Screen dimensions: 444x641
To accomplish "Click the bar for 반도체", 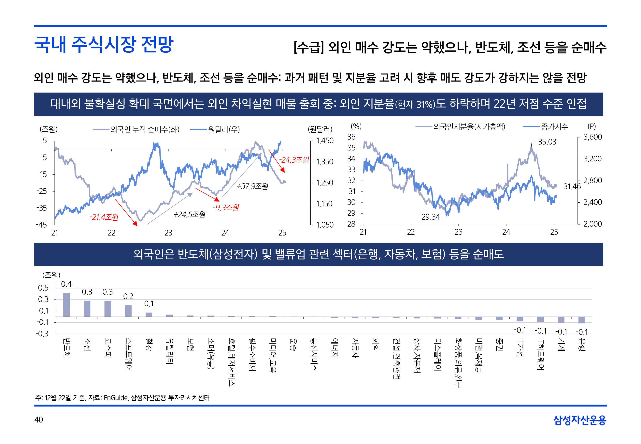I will [x=66, y=305].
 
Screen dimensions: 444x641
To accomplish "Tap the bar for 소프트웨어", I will [x=128, y=311].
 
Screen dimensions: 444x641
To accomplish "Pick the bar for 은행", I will [x=581, y=320].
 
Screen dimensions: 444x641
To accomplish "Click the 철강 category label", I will [x=149, y=344].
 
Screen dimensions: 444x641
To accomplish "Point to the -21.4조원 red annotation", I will [x=104, y=217].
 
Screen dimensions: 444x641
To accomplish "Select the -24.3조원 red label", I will [x=294, y=160].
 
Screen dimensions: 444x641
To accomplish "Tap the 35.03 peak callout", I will [x=547, y=142].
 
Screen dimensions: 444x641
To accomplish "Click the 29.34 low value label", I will [x=431, y=217].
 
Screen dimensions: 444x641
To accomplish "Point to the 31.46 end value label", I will [x=572, y=186].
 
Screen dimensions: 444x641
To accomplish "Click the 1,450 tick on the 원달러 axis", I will [x=325, y=141].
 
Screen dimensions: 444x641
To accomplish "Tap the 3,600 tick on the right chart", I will [x=592, y=137].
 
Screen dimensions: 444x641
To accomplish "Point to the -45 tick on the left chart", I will [x=41, y=225].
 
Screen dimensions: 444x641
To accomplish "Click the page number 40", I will [x=39, y=420].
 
